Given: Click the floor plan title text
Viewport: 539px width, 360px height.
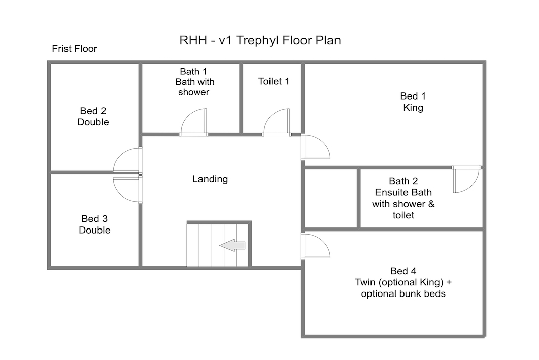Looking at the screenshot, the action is click(x=260, y=40).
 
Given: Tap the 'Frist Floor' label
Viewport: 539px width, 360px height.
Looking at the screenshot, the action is click(x=75, y=49).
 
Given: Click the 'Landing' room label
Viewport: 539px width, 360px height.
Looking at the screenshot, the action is click(x=210, y=179).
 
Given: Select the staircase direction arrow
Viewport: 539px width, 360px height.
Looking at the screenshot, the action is click(x=232, y=245).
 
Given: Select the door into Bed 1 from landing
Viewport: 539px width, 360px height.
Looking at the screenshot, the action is click(x=316, y=147).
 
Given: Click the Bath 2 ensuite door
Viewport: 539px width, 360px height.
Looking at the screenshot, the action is click(x=466, y=179).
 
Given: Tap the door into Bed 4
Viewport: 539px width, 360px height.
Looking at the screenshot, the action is click(x=316, y=246).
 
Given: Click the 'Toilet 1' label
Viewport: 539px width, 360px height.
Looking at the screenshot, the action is click(x=274, y=81).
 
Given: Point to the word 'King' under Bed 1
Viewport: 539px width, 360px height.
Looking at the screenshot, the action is click(x=413, y=108).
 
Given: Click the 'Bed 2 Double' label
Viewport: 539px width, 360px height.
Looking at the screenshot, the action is click(x=93, y=117).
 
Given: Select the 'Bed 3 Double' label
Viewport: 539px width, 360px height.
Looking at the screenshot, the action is click(x=94, y=224).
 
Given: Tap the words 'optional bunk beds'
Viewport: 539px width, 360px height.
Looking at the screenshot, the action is click(x=403, y=293).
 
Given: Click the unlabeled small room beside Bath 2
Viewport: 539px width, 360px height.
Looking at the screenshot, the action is click(x=331, y=199).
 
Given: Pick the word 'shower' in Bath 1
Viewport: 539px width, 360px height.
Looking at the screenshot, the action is click(x=193, y=92).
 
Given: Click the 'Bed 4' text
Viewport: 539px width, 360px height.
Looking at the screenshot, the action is click(x=403, y=271).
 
